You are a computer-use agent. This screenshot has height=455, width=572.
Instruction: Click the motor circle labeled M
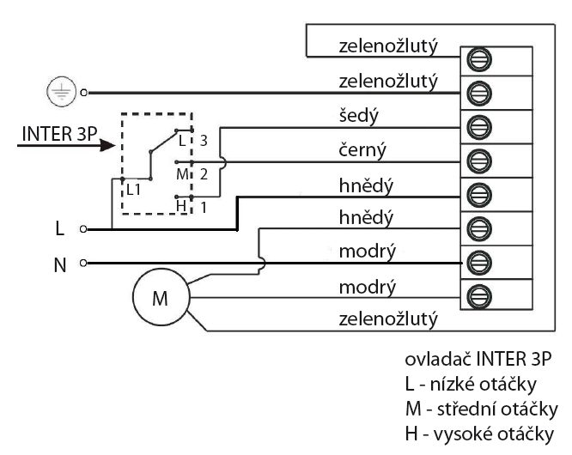[x=159, y=299]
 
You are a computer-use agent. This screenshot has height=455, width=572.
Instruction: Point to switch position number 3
[x=204, y=139]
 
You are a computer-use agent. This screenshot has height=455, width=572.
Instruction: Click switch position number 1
[x=204, y=206]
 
